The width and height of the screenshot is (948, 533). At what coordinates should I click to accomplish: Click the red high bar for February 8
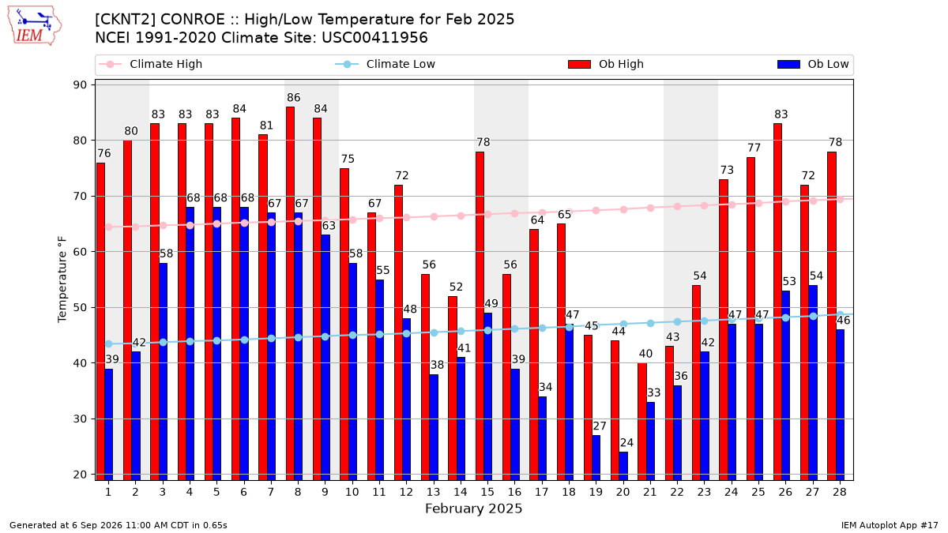click(x=290, y=294)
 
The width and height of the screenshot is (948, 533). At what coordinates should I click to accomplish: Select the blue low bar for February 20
click(x=623, y=466)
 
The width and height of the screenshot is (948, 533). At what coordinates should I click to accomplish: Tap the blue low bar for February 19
click(x=596, y=458)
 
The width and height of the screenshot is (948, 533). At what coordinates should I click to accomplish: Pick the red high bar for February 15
click(x=480, y=316)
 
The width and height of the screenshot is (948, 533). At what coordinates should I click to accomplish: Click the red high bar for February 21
click(x=642, y=422)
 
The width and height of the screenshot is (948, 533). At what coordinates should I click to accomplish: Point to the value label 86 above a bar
click(x=293, y=98)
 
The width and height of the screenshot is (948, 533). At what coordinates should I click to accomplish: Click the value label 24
click(x=626, y=443)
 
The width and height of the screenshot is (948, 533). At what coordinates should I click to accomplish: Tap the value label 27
click(x=600, y=426)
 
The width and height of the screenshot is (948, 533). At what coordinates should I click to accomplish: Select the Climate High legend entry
click(x=150, y=64)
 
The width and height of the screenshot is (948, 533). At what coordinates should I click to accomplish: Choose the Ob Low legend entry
click(x=813, y=64)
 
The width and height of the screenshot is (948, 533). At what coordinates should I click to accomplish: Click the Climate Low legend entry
click(x=386, y=64)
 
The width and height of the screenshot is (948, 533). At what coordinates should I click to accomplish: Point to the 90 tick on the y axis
click(x=80, y=85)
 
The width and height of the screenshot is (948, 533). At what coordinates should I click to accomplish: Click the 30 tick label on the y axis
click(x=80, y=419)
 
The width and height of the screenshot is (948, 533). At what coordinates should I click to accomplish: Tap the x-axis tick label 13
click(x=433, y=493)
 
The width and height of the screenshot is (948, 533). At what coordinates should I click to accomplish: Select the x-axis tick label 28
click(x=840, y=493)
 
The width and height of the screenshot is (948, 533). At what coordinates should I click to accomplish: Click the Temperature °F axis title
click(x=62, y=280)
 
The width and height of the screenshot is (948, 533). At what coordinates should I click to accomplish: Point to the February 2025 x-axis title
click(x=473, y=509)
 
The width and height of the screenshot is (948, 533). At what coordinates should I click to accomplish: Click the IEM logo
click(x=35, y=26)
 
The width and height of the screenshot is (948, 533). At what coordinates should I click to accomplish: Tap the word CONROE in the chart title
click(x=193, y=20)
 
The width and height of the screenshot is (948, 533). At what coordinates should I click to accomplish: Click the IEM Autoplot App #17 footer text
click(x=890, y=525)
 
